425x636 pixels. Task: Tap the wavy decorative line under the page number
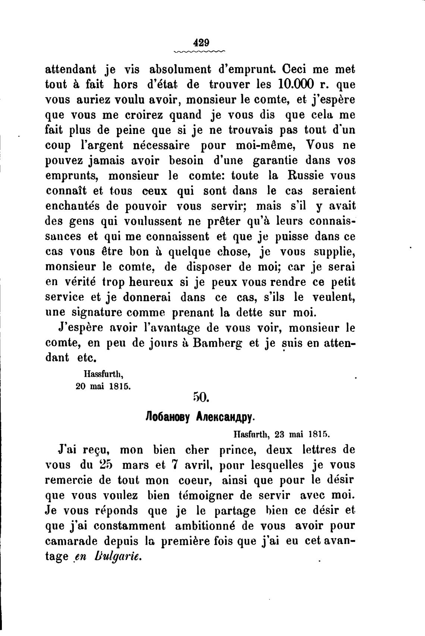click(200, 51)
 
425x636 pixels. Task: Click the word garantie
click(274, 160)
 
